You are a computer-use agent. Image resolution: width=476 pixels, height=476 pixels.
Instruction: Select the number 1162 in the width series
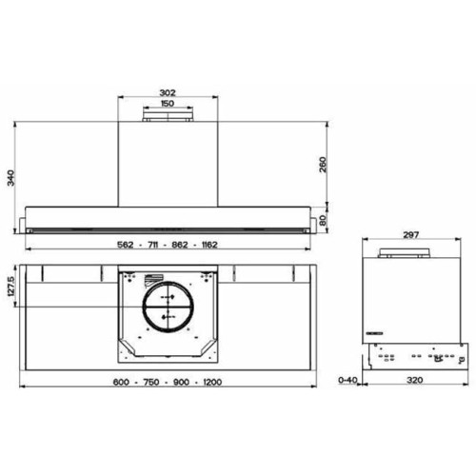[x=208, y=245]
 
